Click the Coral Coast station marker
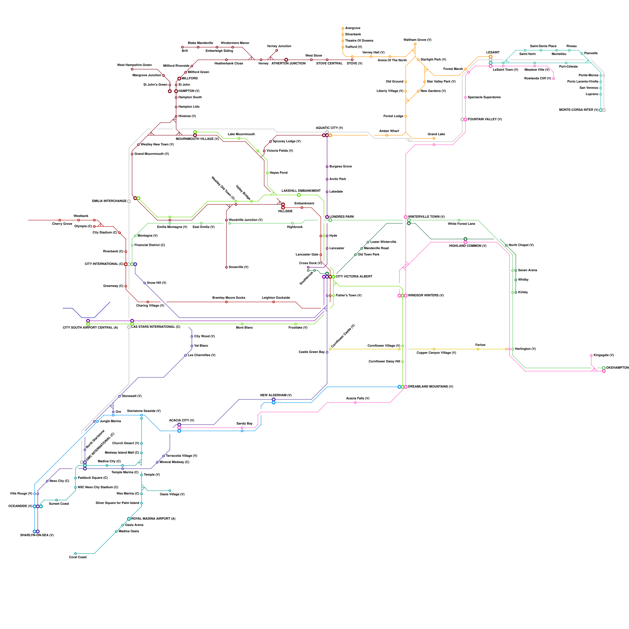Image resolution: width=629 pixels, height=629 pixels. pyautogui.click(x=75, y=554)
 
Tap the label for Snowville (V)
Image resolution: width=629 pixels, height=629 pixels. pyautogui.click(x=239, y=267)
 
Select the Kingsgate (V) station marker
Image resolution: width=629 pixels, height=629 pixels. pyautogui.click(x=591, y=355)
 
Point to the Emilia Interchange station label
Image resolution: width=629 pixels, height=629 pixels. pyautogui.click(x=109, y=201)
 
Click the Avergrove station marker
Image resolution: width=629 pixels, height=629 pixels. pyautogui.click(x=343, y=28)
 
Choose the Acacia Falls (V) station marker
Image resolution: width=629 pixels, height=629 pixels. pyautogui.click(x=355, y=403)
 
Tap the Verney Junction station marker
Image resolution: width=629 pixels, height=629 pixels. pyautogui.click(x=277, y=50)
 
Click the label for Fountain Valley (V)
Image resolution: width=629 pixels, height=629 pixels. pyautogui.click(x=485, y=120)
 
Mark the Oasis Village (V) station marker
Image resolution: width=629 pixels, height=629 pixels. pyautogui.click(x=170, y=491)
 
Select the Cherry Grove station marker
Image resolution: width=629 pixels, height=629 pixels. pyautogui.click(x=60, y=220)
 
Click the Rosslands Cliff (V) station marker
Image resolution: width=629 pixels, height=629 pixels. pyautogui.click(x=554, y=79)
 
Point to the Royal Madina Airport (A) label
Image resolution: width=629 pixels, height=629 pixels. pyautogui.click(x=153, y=519)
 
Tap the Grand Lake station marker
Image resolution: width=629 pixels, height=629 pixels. pyautogui.click(x=434, y=138)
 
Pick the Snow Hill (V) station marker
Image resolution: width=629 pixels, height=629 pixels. pyautogui.click(x=145, y=283)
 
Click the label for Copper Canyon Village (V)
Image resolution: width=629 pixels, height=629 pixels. pyautogui.click(x=436, y=353)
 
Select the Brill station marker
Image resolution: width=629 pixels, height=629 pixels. pyautogui.click(x=182, y=47)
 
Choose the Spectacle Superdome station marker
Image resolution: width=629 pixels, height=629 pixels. pyautogui.click(x=465, y=97)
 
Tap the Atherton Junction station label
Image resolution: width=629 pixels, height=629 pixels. pyautogui.click(x=289, y=64)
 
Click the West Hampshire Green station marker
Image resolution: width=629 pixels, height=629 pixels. pyautogui.click(x=132, y=69)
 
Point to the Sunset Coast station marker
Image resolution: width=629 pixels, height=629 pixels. pyautogui.click(x=57, y=500)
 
